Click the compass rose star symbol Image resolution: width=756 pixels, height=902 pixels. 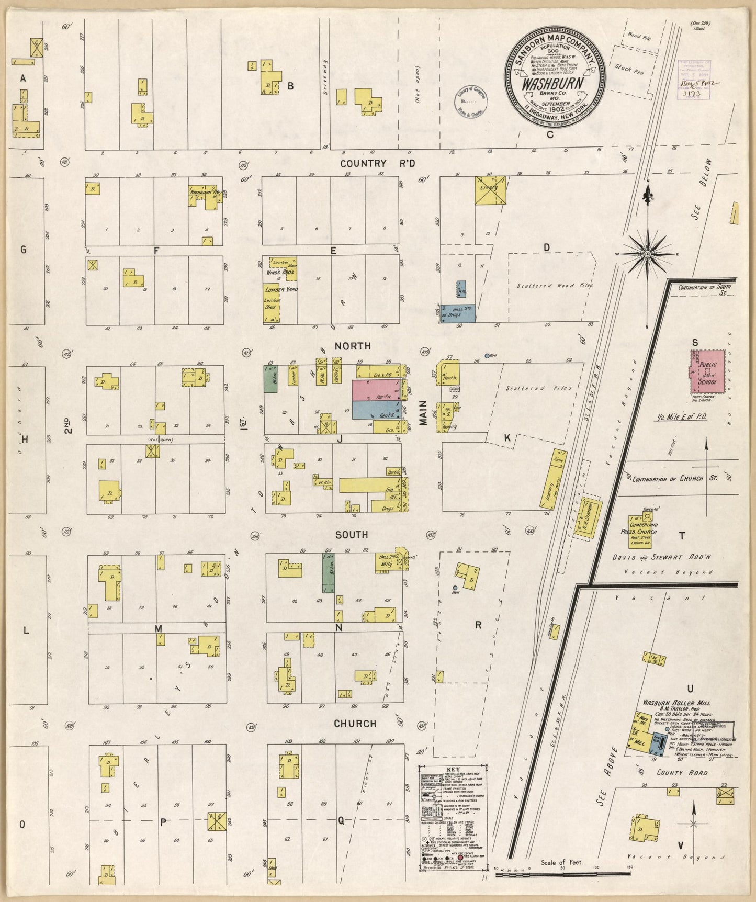[648, 254]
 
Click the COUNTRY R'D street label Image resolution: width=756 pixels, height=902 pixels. [377, 164]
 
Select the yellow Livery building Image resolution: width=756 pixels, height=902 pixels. [490, 190]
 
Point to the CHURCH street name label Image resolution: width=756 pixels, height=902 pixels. [355, 724]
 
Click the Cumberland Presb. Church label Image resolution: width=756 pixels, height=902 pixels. [642, 528]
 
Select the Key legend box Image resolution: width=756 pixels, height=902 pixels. [453, 810]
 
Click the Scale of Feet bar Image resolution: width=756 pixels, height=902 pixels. [562, 873]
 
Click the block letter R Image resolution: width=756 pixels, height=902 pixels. [478, 625]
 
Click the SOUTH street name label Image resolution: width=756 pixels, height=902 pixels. [352, 535]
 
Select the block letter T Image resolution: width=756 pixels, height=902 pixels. [682, 536]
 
